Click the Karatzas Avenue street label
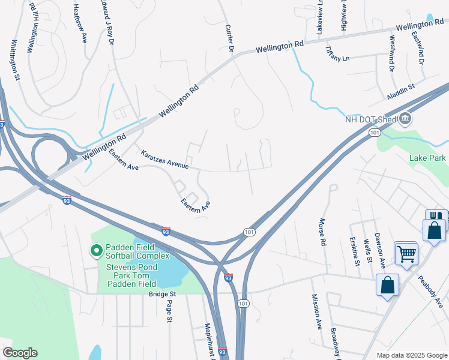coord(164,159)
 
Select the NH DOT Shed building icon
coord(406,118)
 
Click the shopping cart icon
coord(406,253)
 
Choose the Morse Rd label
coord(322,232)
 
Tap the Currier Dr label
coord(228,37)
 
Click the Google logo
coord(20,353)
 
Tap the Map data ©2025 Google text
coord(412,355)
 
